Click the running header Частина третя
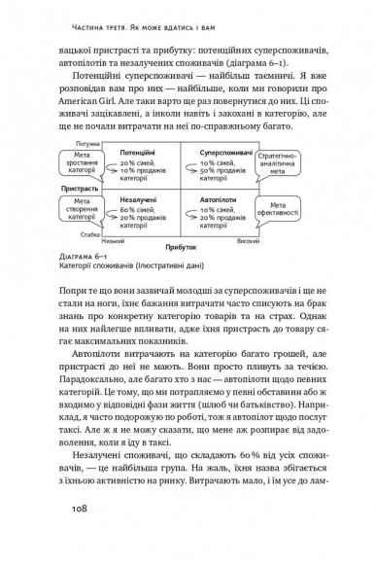(x=88, y=12)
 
